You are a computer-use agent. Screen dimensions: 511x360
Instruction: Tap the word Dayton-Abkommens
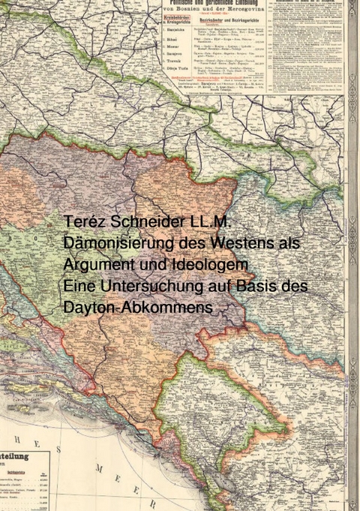[138, 308]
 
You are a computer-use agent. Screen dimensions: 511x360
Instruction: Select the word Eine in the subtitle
[79, 287]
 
